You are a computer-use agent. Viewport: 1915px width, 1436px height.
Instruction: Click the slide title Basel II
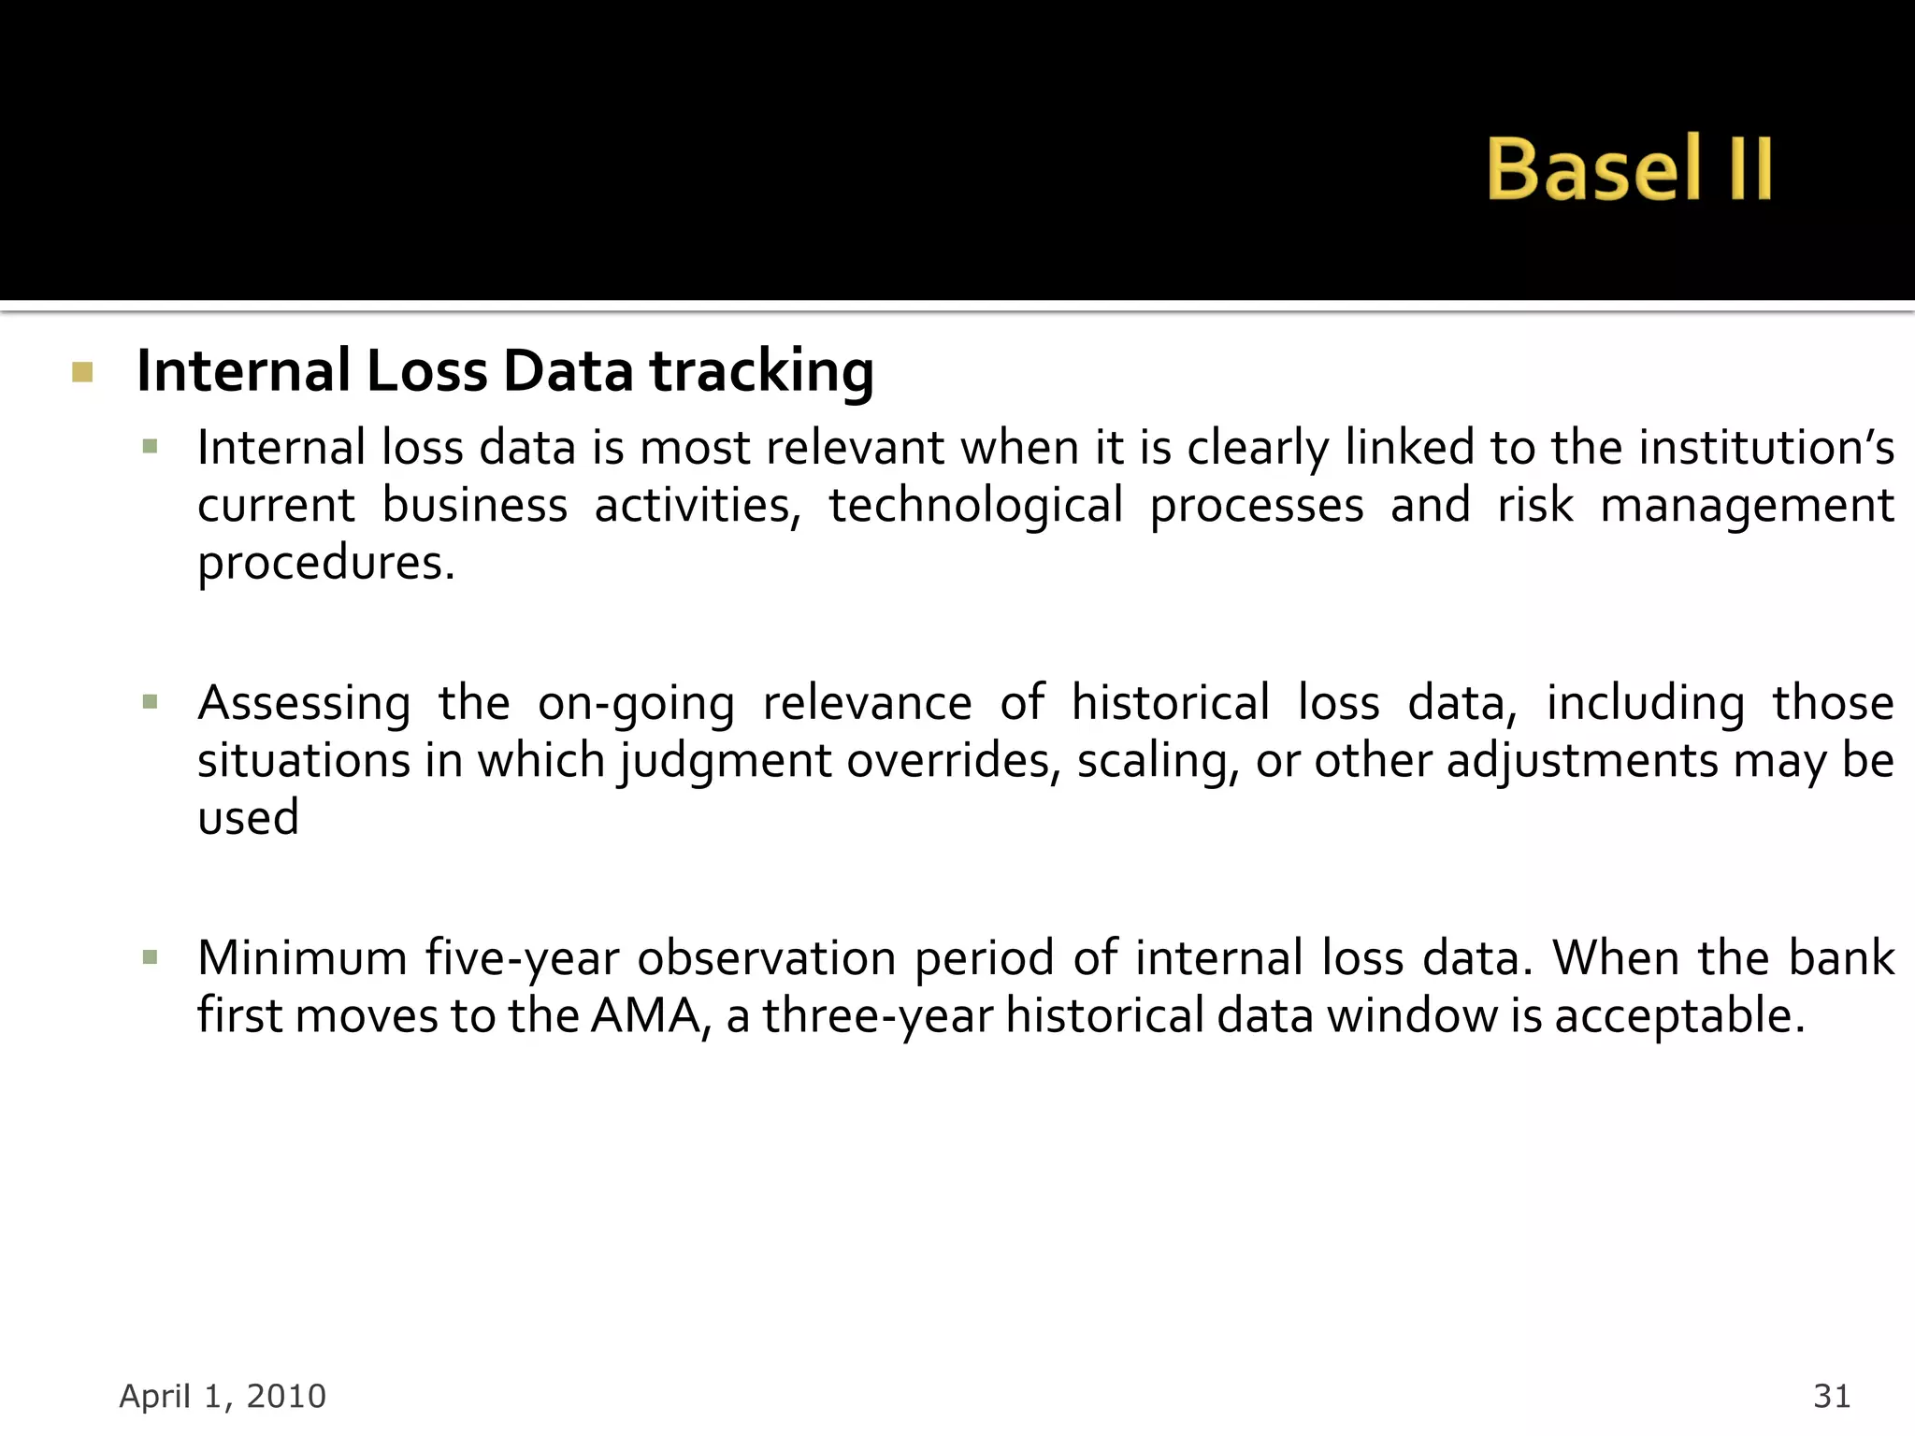(1628, 168)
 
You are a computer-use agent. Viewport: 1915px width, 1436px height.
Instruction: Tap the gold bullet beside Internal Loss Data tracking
(82, 373)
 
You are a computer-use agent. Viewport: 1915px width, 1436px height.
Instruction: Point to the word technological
(975, 506)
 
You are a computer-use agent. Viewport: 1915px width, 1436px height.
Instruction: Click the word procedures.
(325, 564)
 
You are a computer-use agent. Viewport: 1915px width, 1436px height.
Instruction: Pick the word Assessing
(304, 703)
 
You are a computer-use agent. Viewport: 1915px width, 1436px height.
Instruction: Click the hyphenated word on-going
(636, 703)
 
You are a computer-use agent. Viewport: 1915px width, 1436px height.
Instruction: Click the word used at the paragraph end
(248, 818)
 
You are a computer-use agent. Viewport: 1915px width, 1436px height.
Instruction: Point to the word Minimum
(302, 958)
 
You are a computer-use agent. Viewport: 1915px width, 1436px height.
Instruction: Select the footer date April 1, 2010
(223, 1396)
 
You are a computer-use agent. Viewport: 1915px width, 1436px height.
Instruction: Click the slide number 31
(1831, 1396)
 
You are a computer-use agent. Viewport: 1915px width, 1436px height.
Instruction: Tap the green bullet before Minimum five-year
(150, 956)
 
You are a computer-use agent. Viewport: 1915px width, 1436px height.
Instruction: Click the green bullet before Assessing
(150, 701)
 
